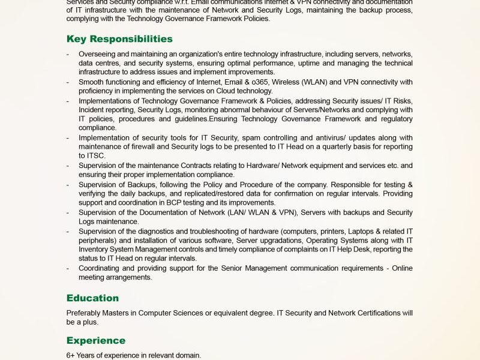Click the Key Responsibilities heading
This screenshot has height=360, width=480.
coord(119,39)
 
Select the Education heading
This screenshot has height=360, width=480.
coord(92,298)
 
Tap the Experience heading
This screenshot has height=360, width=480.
coord(96,341)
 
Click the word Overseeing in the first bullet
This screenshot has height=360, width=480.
coord(98,54)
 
